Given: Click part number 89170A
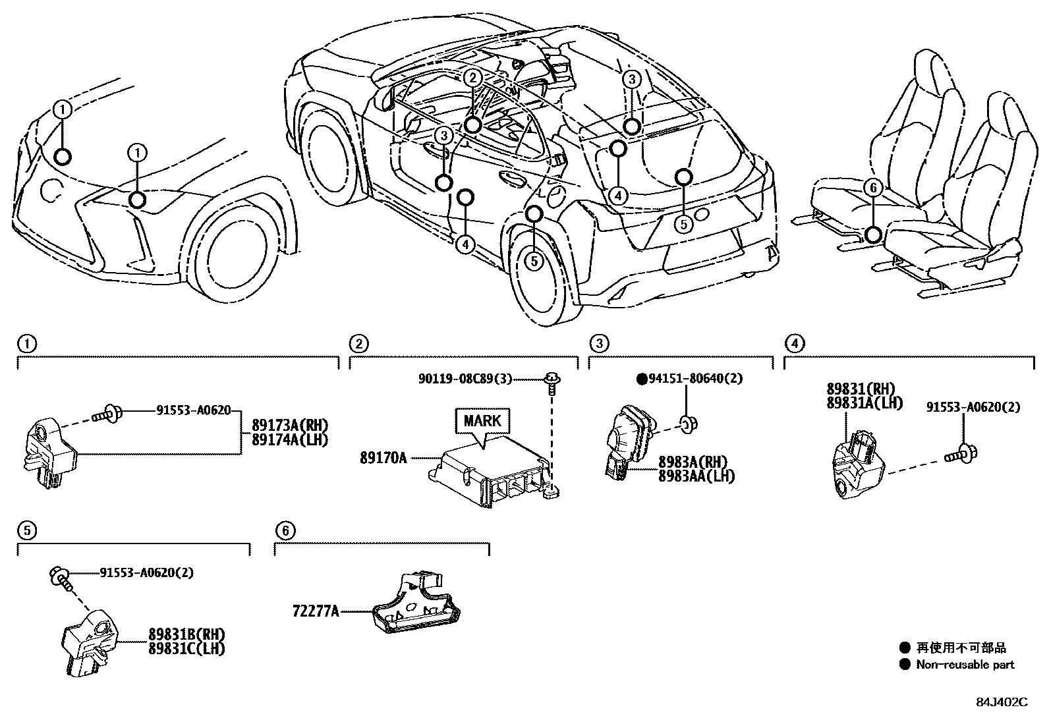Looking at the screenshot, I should click(383, 457).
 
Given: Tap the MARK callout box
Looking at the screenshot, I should click(482, 421).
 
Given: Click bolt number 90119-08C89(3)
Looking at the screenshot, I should click(465, 379).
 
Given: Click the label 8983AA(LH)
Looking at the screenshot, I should click(696, 476).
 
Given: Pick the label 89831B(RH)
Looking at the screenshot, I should click(186, 635).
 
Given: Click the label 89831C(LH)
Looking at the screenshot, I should click(186, 648).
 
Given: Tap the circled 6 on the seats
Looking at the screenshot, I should click(873, 188).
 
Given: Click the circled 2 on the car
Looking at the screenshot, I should click(472, 78).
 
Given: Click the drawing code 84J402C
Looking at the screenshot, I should click(1002, 702).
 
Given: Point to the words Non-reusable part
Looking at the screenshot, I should click(965, 665).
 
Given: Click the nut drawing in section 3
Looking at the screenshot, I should click(687, 422).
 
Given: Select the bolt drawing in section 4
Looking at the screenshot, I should click(961, 453).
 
